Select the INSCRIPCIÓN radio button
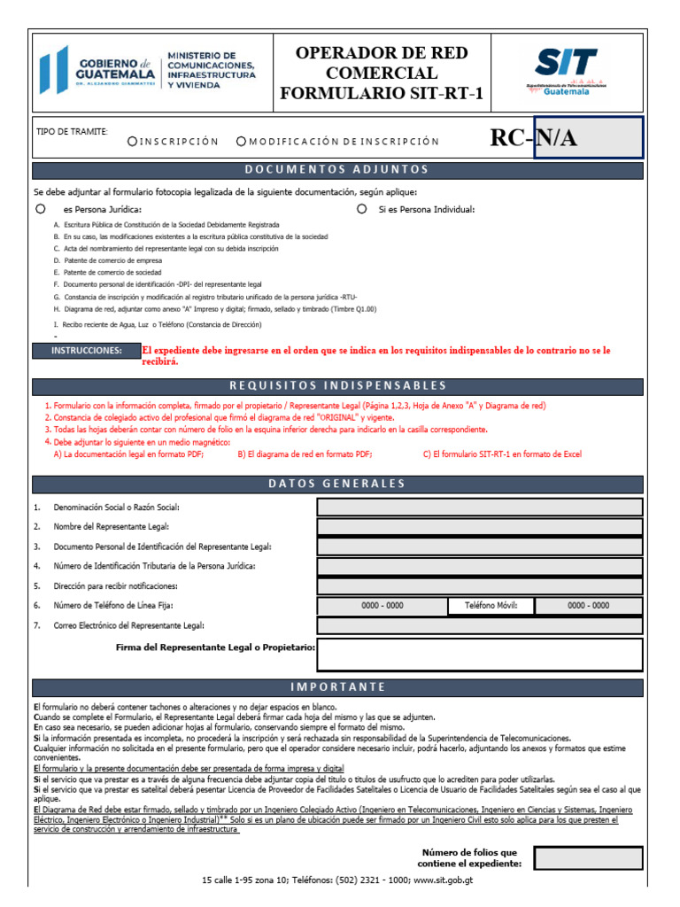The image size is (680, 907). pyautogui.click(x=133, y=141)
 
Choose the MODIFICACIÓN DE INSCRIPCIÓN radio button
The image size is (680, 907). pyautogui.click(x=241, y=141)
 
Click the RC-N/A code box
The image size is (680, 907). pyautogui.click(x=588, y=138)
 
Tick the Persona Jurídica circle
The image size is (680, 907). pyautogui.click(x=40, y=209)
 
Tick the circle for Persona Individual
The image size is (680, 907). pyautogui.click(x=361, y=209)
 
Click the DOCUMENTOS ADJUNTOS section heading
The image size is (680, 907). pyautogui.click(x=336, y=169)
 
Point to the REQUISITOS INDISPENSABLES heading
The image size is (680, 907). pyautogui.click(x=336, y=385)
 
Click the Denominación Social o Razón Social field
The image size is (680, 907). pyautogui.click(x=479, y=507)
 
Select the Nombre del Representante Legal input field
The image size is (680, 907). pyautogui.click(x=479, y=527)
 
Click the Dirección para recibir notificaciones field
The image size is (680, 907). pyautogui.click(x=479, y=585)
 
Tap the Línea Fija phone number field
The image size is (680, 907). pyautogui.click(x=382, y=606)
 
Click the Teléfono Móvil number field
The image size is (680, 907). pyautogui.click(x=589, y=606)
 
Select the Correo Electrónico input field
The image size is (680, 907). pyautogui.click(x=479, y=625)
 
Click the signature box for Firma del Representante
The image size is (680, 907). pyautogui.click(x=479, y=654)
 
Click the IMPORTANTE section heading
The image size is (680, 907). pyautogui.click(x=336, y=687)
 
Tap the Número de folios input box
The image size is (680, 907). pyautogui.click(x=588, y=857)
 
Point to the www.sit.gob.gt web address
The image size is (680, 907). pyautogui.click(x=444, y=881)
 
